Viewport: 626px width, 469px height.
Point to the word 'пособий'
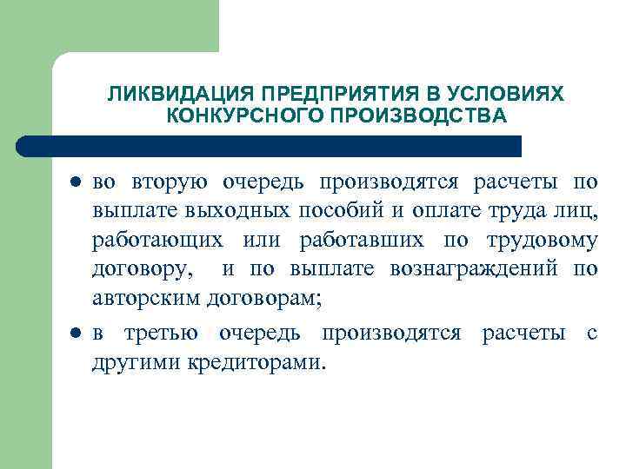pos(339,214)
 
